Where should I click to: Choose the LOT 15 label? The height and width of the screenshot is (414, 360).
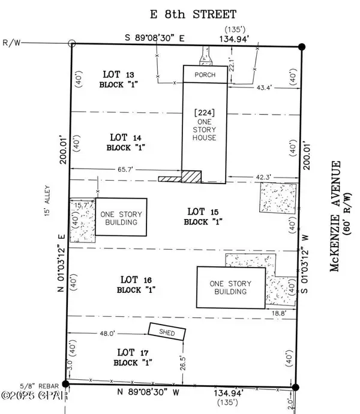tap(201, 211)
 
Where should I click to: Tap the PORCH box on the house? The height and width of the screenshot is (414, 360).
tap(205, 75)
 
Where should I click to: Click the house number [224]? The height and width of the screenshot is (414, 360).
tap(205, 112)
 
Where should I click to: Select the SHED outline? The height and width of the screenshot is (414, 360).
tap(166, 332)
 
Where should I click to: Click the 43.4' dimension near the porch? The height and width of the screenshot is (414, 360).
tap(265, 88)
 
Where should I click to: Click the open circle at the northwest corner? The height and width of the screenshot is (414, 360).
tap(72, 43)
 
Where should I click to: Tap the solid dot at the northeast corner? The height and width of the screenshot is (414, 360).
tap(302, 46)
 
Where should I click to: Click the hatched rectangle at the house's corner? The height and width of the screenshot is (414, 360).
tap(191, 176)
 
